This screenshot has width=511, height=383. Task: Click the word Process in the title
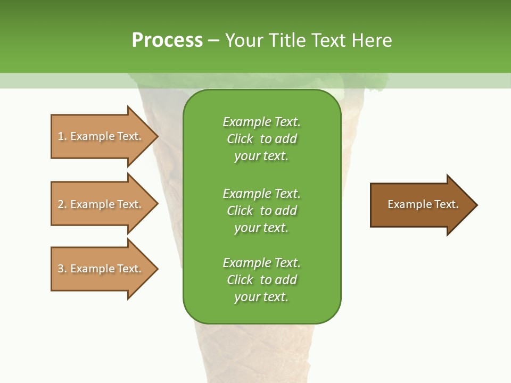click(x=167, y=40)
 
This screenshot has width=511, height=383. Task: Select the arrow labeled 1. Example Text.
click(x=100, y=136)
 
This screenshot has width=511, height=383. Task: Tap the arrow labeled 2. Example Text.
click(x=100, y=204)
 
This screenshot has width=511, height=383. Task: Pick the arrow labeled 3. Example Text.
click(x=100, y=269)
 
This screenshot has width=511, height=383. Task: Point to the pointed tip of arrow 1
click(x=156, y=136)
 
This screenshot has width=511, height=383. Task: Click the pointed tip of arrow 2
click(x=156, y=204)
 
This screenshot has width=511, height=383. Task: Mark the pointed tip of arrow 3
click(x=156, y=269)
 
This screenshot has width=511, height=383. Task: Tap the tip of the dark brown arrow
click(x=476, y=204)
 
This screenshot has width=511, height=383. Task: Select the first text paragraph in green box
click(x=261, y=139)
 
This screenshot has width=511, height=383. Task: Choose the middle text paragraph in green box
click(x=261, y=211)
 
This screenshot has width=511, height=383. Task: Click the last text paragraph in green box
click(x=261, y=280)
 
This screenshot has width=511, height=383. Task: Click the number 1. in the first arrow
click(x=62, y=136)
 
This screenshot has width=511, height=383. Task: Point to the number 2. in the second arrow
click(x=62, y=204)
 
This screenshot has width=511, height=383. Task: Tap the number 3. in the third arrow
click(x=62, y=269)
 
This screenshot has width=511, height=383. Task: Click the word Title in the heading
click(x=286, y=40)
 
